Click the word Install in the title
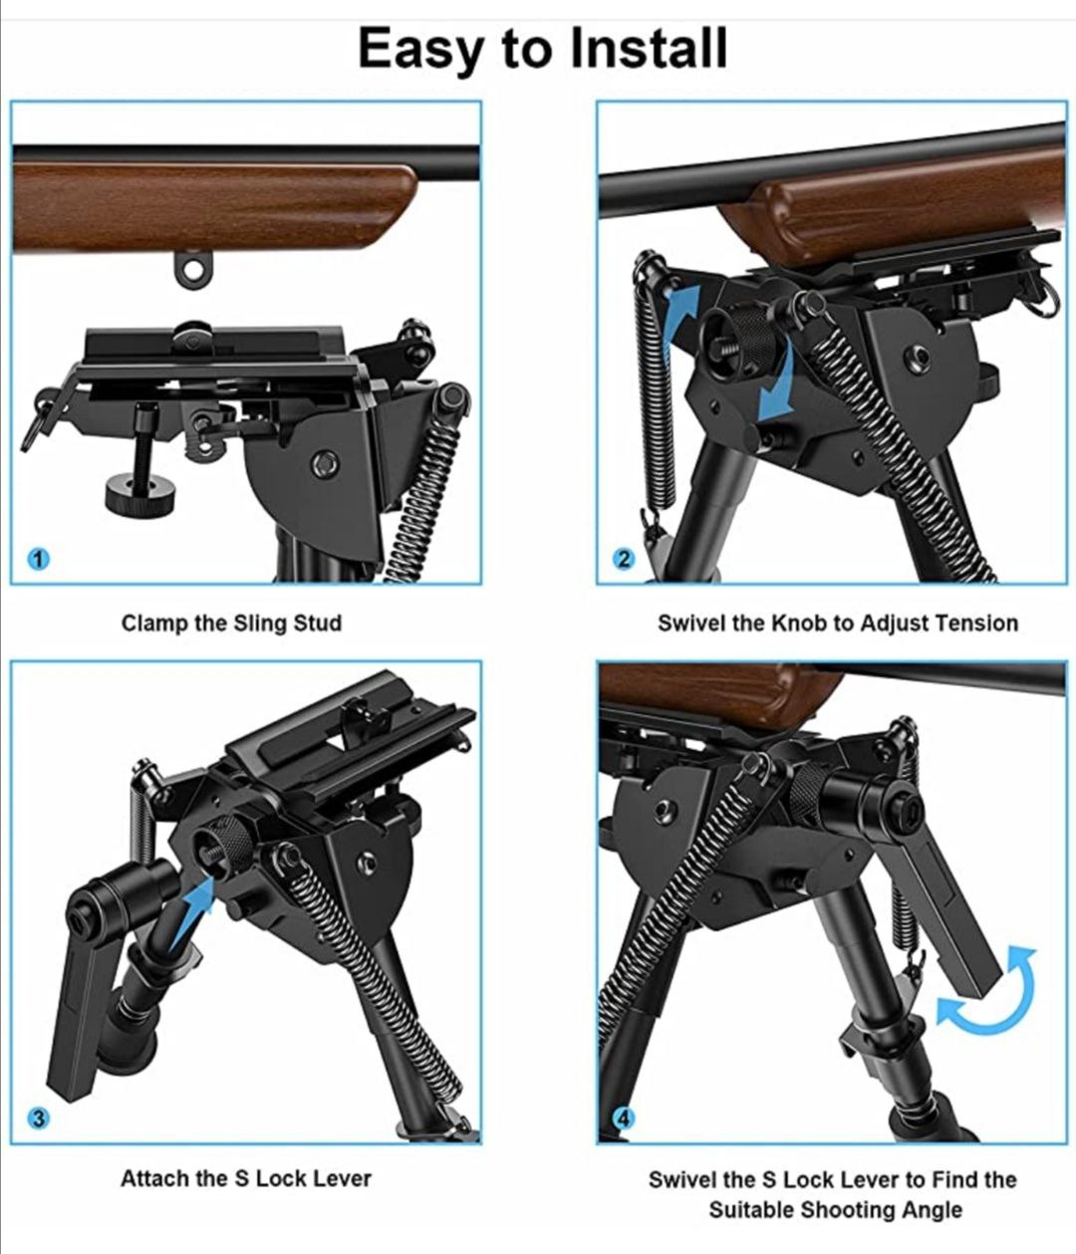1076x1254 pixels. [649, 49]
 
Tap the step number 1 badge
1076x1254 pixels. [38, 559]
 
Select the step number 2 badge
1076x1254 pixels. [624, 559]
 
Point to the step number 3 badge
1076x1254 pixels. [38, 1118]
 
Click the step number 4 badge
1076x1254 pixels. [624, 1118]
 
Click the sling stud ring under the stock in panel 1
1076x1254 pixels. [193, 269]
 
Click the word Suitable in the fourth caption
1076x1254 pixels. [751, 1210]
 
